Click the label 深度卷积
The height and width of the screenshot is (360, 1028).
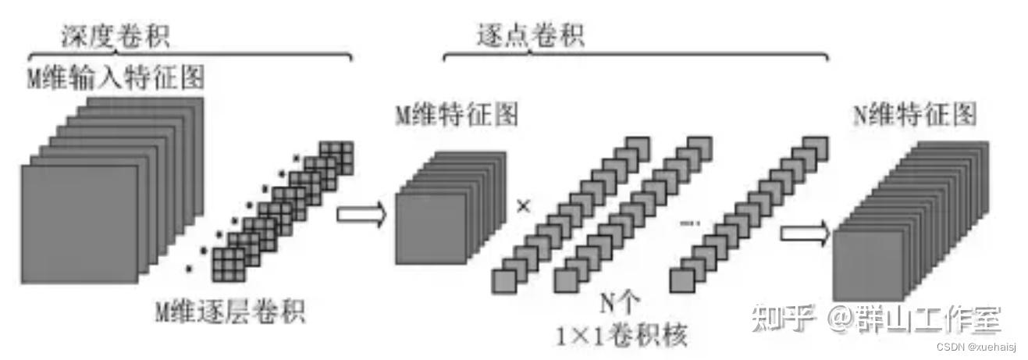click(x=115, y=34)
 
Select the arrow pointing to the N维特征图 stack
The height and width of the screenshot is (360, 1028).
click(x=804, y=233)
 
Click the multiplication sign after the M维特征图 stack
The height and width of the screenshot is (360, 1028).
click(x=523, y=207)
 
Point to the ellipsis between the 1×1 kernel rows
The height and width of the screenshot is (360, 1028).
click(x=690, y=223)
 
